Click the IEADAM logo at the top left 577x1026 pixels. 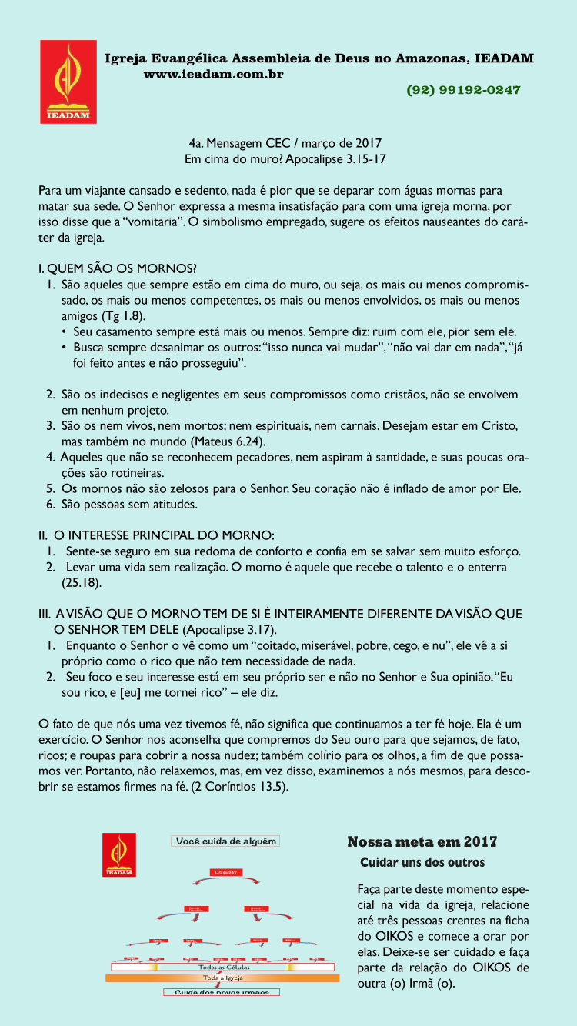(x=68, y=82)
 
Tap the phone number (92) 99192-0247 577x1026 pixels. (x=463, y=90)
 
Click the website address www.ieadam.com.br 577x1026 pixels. (x=214, y=74)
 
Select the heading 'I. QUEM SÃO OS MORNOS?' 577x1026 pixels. (x=117, y=268)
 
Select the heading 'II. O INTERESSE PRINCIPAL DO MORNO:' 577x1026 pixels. (x=156, y=535)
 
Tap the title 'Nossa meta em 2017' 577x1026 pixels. (x=422, y=842)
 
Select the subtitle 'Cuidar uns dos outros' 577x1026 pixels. (x=422, y=862)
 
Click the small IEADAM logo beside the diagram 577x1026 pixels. (x=119, y=854)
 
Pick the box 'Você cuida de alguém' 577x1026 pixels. (x=225, y=841)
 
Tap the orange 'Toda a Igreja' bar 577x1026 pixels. (x=223, y=978)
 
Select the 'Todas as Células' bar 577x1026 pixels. (x=223, y=968)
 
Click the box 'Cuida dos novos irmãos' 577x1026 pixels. (x=222, y=992)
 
